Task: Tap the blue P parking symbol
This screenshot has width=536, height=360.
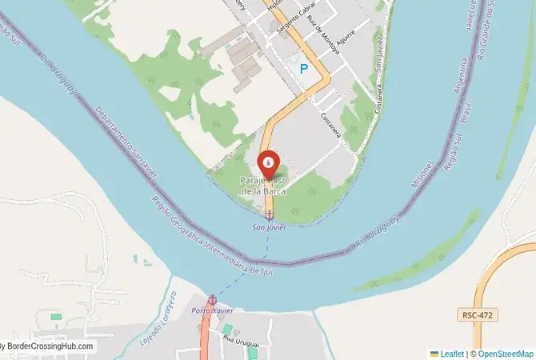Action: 304,70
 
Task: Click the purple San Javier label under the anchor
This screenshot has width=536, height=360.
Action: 269,226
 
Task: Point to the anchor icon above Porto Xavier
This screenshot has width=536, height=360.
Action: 212,300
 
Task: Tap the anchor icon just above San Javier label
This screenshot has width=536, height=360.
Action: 269,214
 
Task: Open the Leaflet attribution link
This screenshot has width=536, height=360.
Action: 452,353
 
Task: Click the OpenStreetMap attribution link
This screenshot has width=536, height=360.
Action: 506,353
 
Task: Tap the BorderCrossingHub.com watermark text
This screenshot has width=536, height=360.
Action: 48,347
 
